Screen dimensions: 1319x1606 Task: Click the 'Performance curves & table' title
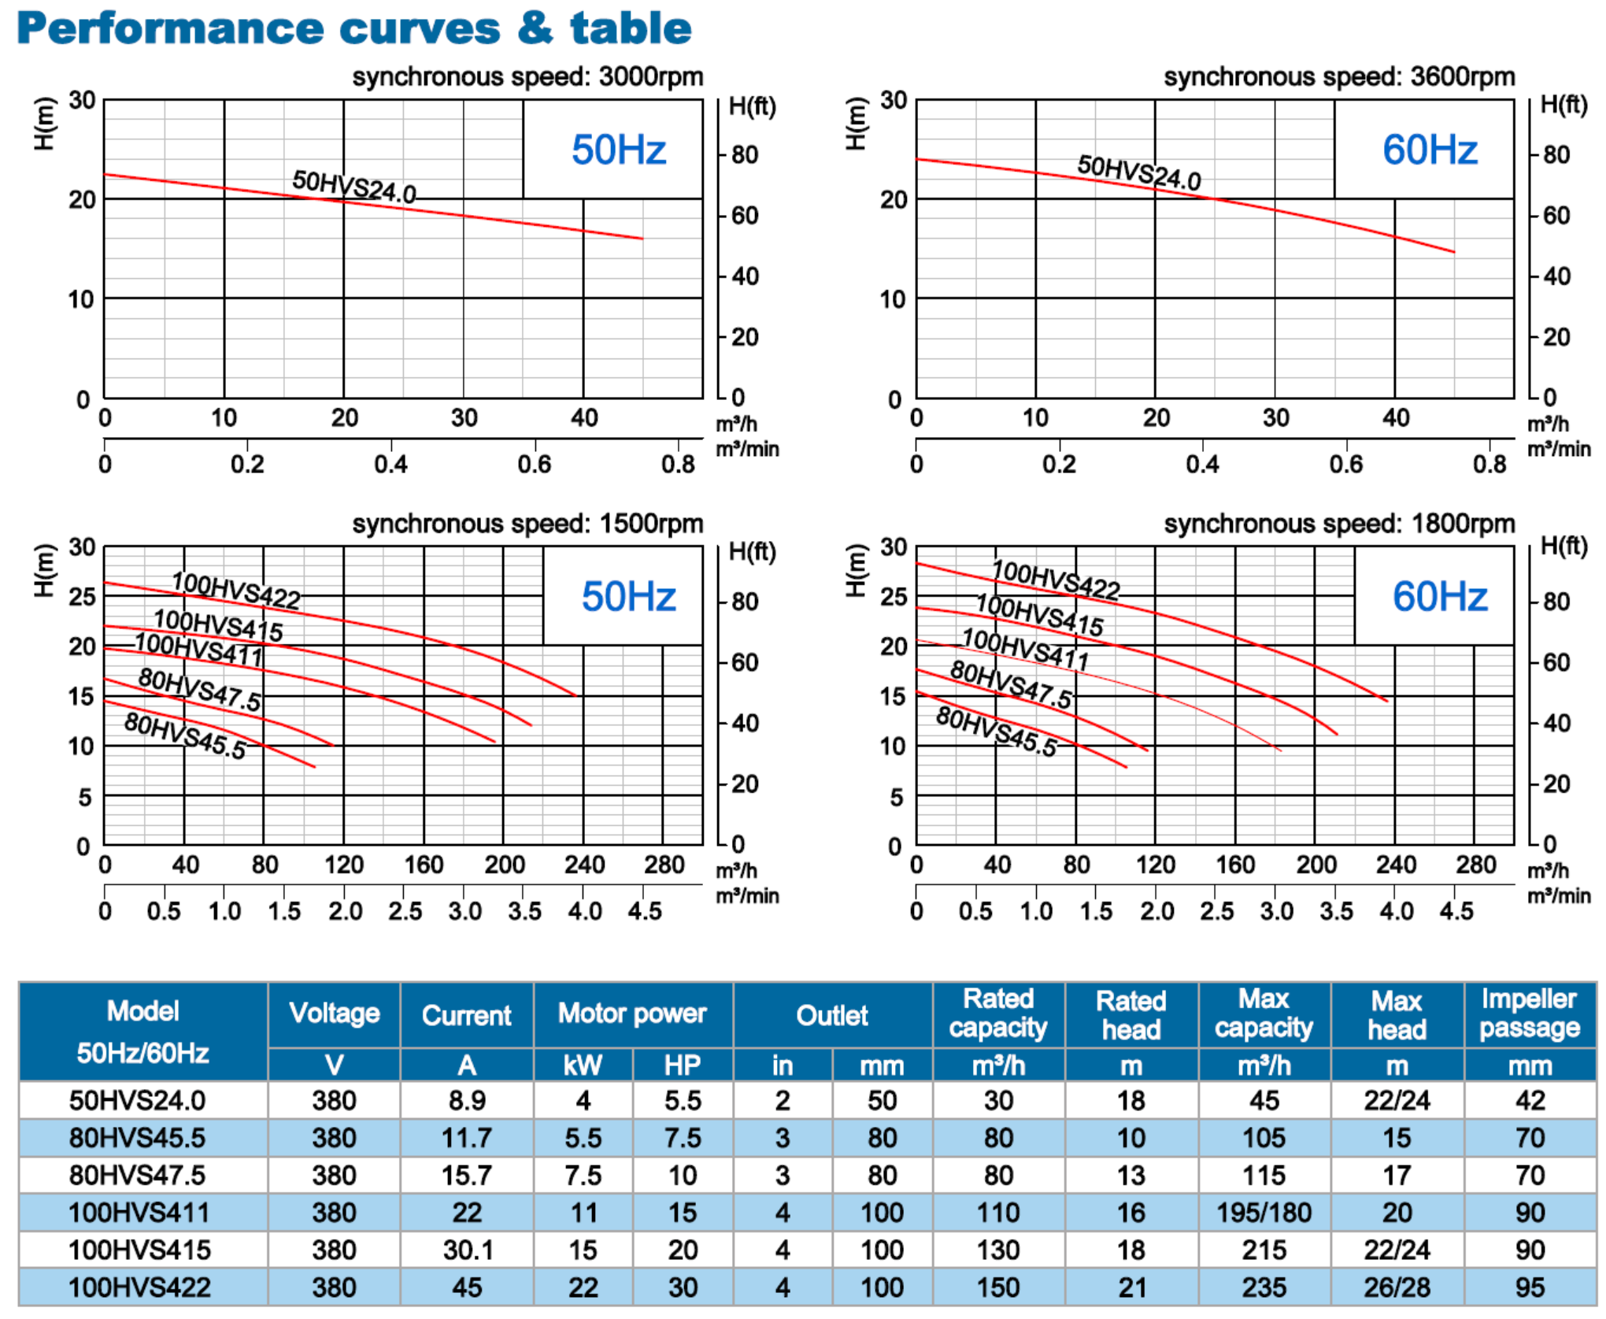354,28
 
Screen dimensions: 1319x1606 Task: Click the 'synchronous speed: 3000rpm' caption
527,77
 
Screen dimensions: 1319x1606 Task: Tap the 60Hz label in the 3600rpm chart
1429,150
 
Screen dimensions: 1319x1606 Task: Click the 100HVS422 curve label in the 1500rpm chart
236,591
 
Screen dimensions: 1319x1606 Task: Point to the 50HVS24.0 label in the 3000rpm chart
354,187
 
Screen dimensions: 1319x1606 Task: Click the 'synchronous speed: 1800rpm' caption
1339,524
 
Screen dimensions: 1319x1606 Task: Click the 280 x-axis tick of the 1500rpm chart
664,865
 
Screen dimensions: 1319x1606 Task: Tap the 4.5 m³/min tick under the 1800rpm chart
1456,911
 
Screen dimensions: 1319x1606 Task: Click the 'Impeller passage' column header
1529,1013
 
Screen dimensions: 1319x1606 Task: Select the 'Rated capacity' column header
997,1013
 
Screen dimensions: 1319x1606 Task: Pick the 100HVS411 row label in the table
139,1213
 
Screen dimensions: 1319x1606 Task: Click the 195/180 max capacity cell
1264,1213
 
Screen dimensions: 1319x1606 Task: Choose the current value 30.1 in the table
467,1250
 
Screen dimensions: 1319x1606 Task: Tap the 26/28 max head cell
1396,1288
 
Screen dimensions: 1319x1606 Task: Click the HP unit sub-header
682,1065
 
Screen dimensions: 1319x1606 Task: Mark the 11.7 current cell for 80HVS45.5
467,1138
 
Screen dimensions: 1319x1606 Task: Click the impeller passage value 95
1529,1288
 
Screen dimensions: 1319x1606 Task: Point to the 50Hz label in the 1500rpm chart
628,596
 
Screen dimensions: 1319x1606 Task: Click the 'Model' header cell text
142,1011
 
